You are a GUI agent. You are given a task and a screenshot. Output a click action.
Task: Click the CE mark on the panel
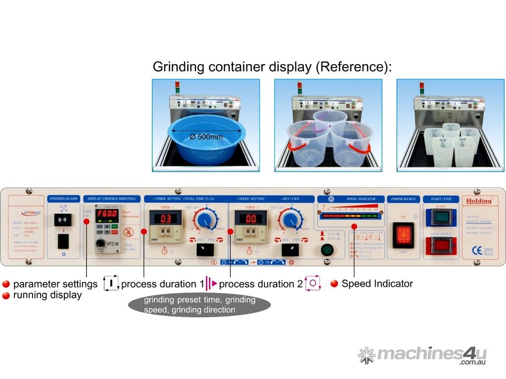(477, 250)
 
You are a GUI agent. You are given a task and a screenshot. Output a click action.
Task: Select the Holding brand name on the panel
(478, 201)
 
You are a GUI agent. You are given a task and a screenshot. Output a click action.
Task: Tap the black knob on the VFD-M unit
(100, 244)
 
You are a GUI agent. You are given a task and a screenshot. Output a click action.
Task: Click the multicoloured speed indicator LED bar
(352, 216)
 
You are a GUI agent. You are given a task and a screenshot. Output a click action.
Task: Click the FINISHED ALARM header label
(63, 198)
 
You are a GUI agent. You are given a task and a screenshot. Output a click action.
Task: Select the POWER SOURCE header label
(403, 199)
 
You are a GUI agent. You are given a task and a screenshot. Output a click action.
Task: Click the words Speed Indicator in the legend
(377, 284)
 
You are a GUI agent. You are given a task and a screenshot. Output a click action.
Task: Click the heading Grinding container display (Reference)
(272, 67)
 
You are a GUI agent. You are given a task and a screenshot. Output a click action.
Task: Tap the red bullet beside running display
(6, 296)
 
